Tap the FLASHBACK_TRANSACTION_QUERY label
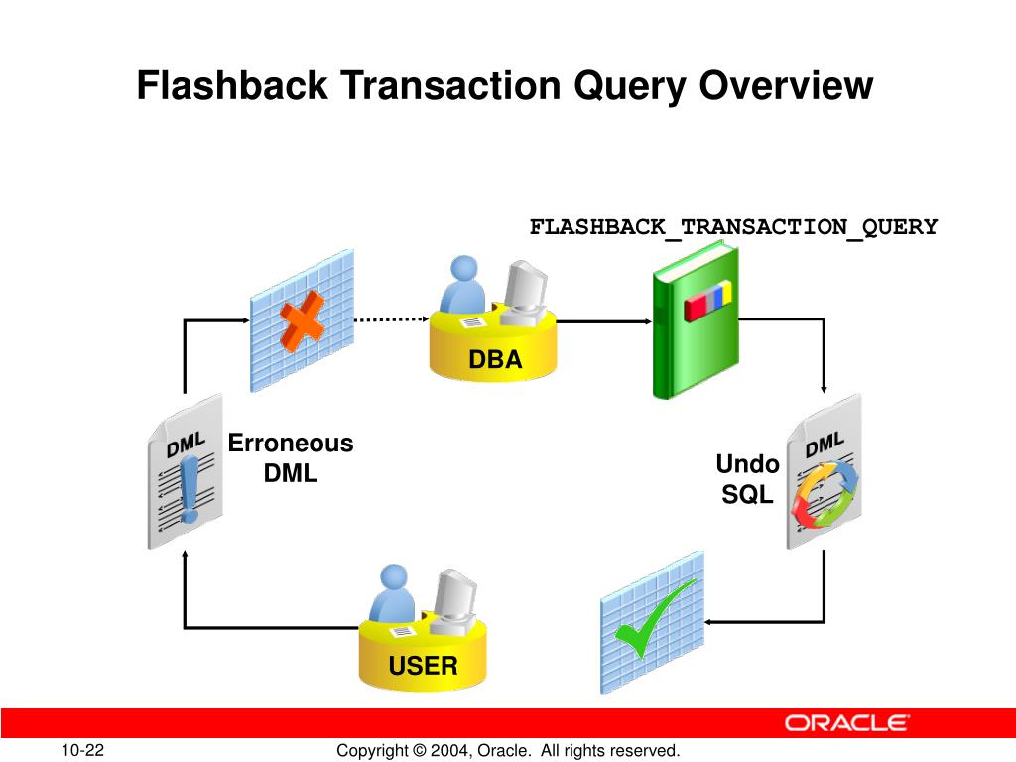[x=733, y=227]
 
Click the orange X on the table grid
[x=302, y=319]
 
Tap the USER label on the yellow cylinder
[x=424, y=666]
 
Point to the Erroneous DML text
[x=291, y=457]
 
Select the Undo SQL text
[x=747, y=479]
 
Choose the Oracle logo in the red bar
[x=846, y=723]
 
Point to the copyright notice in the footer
[x=508, y=751]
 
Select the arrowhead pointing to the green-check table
[x=711, y=622]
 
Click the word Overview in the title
[x=787, y=86]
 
